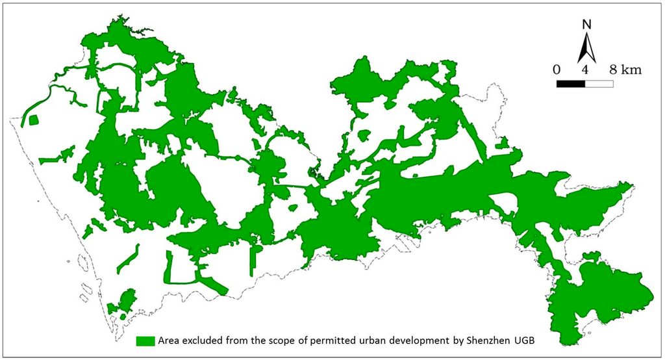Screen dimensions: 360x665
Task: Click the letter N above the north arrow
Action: pyautogui.click(x=586, y=25)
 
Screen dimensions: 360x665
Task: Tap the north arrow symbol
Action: pyautogui.click(x=586, y=47)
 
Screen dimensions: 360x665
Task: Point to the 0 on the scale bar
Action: pyautogui.click(x=557, y=70)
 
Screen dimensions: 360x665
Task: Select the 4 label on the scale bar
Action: pyautogui.click(x=585, y=70)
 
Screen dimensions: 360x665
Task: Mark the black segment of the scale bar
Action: pyautogui.click(x=571, y=83)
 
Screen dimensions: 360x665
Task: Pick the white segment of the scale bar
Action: pyautogui.click(x=599, y=83)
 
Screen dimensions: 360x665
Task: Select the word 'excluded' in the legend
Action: pyautogui.click(x=207, y=341)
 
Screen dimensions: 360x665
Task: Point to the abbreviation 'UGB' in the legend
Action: pyautogui.click(x=540, y=341)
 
